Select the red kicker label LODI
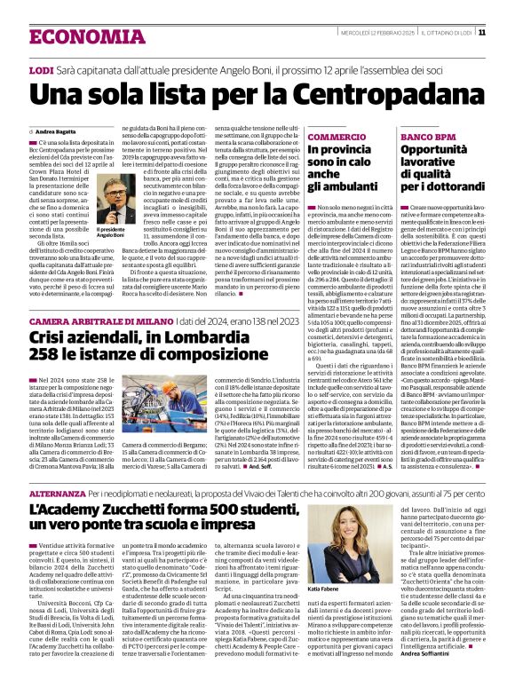pos(41,69)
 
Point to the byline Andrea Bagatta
pos(56,132)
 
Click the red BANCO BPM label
pos(426,138)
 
